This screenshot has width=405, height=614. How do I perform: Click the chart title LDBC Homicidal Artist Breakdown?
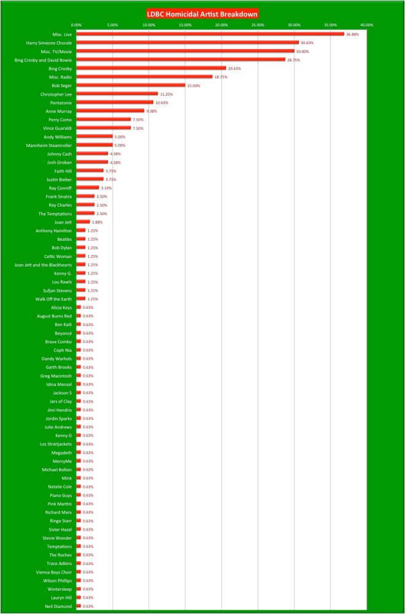coord(202,13)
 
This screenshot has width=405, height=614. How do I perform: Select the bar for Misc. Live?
coord(210,34)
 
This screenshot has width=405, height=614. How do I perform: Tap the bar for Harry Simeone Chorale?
coord(187,43)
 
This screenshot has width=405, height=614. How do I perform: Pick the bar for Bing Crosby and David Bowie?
coord(180,60)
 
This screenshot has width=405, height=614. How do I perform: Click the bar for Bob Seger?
coord(131,86)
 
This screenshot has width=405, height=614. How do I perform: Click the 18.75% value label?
coord(221,77)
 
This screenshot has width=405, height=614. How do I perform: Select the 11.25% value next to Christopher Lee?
coord(167,94)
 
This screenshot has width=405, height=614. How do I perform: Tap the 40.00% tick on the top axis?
coord(366,25)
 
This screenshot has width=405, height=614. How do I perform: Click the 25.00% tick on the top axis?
coord(258,25)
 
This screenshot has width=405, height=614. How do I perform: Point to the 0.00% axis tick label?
coord(76,25)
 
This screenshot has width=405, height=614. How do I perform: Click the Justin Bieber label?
coord(57,180)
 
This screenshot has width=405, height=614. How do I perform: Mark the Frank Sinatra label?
coord(58,196)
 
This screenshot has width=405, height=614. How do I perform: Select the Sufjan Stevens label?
coord(56,290)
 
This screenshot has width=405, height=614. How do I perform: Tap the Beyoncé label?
coord(62,333)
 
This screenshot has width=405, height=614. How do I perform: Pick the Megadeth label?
coord(61,452)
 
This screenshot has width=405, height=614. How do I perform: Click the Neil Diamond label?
coord(60,605)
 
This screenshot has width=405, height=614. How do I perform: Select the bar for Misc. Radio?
coord(144,77)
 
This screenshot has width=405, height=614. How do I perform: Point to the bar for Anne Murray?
coord(110,111)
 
